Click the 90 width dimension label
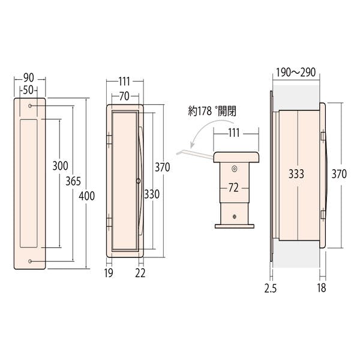tap(29, 78)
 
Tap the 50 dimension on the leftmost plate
tap(28, 90)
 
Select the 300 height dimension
tap(60, 166)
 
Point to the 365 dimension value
tap(73, 181)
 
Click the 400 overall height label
tap(86, 196)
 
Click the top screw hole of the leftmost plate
tap(30, 106)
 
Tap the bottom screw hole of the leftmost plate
tap(30, 261)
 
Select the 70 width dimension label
tap(124, 97)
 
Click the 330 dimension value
tap(152, 194)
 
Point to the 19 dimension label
tap(109, 273)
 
